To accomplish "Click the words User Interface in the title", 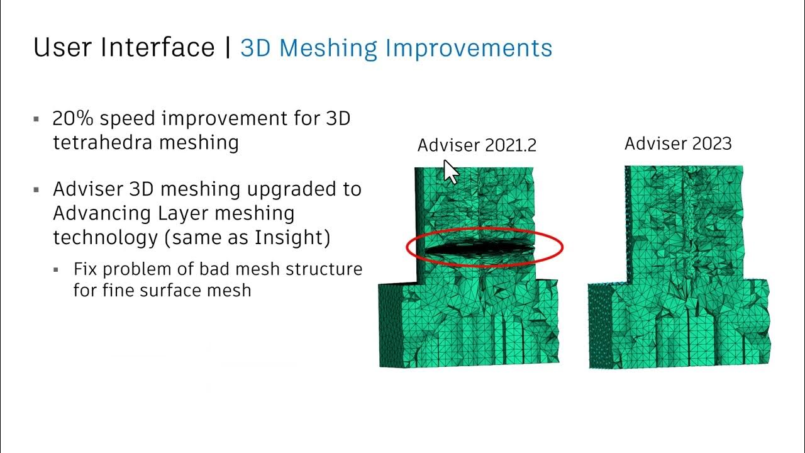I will click(x=124, y=48).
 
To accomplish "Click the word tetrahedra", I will click(x=103, y=142).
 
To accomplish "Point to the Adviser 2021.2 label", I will click(x=477, y=145).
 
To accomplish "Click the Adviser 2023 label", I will click(x=678, y=143).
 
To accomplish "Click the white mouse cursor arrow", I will click(x=450, y=171).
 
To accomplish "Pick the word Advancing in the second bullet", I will click(x=103, y=213).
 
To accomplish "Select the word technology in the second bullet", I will click(x=105, y=238).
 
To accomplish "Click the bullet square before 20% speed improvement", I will click(x=36, y=119).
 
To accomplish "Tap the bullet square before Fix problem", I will click(x=57, y=270).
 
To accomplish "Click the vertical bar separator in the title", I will click(x=227, y=48).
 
